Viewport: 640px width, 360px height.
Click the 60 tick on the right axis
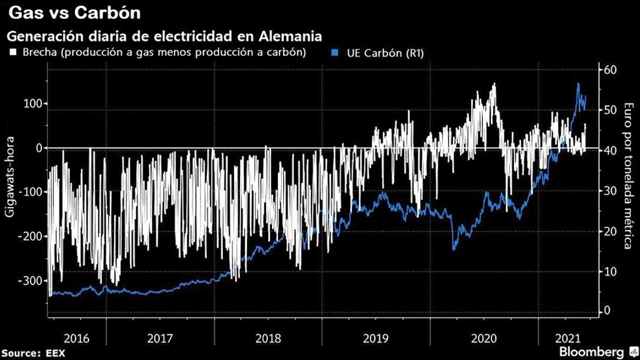608,70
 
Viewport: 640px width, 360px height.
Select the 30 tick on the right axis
608,191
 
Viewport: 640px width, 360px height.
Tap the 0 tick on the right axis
606,311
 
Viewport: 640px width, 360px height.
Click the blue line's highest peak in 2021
577,84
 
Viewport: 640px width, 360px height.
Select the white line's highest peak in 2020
494,84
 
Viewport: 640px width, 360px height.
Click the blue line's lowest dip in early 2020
454,249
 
